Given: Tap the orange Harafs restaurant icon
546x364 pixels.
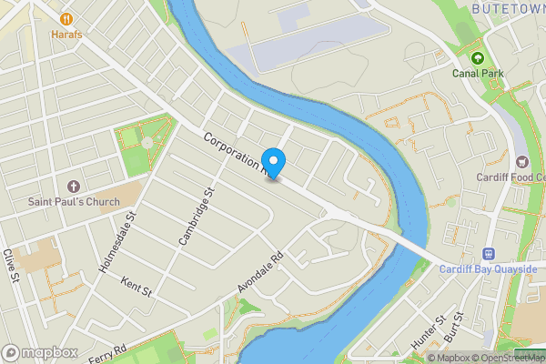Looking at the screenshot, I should click(x=66, y=18).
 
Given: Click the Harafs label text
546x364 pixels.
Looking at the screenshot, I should click(x=66, y=34).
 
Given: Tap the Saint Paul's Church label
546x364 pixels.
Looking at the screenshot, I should click(x=73, y=201).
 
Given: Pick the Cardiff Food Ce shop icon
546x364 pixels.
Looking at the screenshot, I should click(x=522, y=162).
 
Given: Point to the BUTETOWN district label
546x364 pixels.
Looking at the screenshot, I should click(x=508, y=8).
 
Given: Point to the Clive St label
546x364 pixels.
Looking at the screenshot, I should click(x=12, y=267).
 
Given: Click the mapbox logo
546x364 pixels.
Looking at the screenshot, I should click(x=39, y=352).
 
